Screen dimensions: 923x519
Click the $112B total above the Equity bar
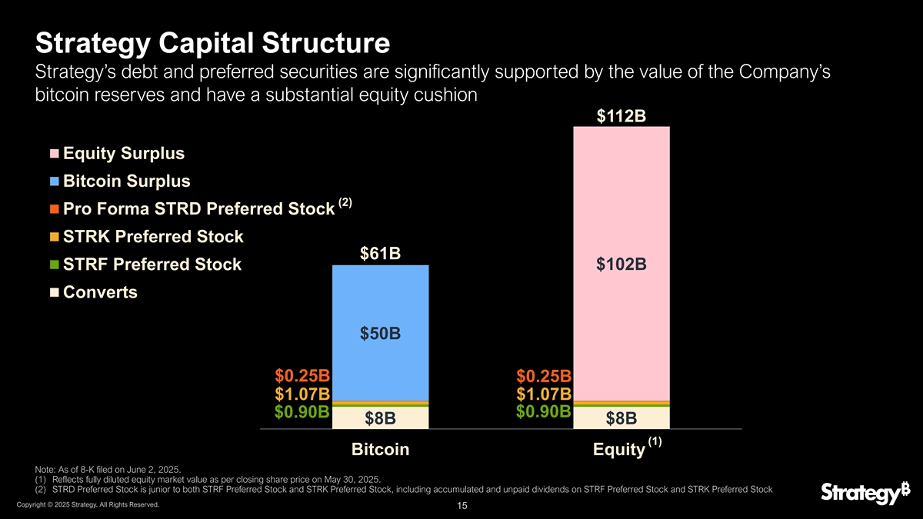pos(621,116)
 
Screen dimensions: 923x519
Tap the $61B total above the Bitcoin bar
pos(380,253)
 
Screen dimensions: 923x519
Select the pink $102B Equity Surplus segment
pos(621,264)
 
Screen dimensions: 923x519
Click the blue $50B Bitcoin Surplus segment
pos(380,333)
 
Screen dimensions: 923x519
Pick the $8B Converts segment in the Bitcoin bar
pos(380,418)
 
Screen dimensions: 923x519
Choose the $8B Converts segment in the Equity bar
pos(621,418)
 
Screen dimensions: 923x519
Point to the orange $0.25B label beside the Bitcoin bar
pos(302,376)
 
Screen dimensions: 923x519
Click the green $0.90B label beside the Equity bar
pos(544,411)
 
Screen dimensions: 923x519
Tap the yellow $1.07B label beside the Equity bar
pos(544,394)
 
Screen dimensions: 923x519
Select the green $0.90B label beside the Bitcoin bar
pos(302,411)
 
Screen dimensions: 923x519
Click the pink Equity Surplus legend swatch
pos(55,154)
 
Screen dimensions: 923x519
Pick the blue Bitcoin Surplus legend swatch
pos(55,181)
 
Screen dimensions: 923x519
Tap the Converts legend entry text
pos(100,292)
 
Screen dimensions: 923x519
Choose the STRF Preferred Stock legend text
pos(152,264)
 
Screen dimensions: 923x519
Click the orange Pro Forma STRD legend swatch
pos(55,209)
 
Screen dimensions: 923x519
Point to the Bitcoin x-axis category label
pos(380,449)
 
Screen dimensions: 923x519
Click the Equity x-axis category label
pos(619,449)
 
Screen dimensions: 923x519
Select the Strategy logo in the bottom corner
pos(866,493)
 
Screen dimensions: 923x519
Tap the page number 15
pos(462,506)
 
